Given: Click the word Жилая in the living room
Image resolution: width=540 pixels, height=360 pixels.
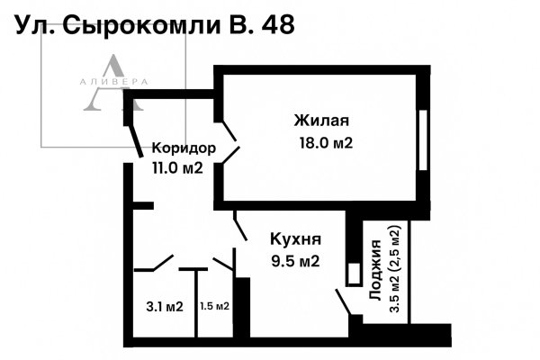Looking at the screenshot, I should [321, 121].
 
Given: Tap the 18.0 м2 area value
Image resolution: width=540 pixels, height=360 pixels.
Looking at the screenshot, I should [324, 142].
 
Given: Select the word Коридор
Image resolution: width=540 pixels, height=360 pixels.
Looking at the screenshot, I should [184, 148].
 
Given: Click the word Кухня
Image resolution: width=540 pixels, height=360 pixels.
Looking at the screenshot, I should [296, 239].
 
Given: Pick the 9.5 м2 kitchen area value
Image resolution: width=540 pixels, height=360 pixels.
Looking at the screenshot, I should [296, 262].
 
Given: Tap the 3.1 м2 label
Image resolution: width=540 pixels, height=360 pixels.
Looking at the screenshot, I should [165, 307].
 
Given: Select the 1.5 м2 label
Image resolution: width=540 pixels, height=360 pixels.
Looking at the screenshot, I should [213, 307].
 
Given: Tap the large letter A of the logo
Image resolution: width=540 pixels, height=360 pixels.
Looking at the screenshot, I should [112, 85].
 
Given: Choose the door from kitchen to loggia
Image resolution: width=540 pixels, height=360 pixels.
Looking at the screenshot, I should [344, 301].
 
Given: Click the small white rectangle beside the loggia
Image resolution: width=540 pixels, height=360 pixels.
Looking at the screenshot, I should [355, 271].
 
